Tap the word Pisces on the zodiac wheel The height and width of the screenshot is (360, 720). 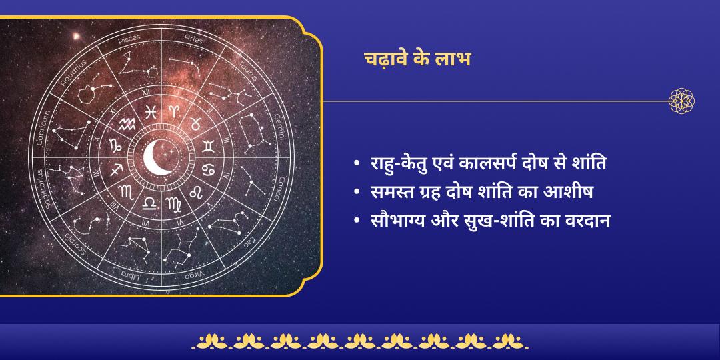coord(129,41)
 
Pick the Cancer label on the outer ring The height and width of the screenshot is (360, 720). coord(279,189)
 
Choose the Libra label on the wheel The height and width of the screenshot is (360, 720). coord(129,274)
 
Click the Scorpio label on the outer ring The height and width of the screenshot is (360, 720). coord(73,243)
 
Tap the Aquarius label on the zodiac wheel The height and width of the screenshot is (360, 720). coord(73,71)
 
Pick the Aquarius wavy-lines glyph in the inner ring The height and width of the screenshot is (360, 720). coord(126,123)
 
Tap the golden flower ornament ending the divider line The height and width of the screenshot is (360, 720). coord(681,101)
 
